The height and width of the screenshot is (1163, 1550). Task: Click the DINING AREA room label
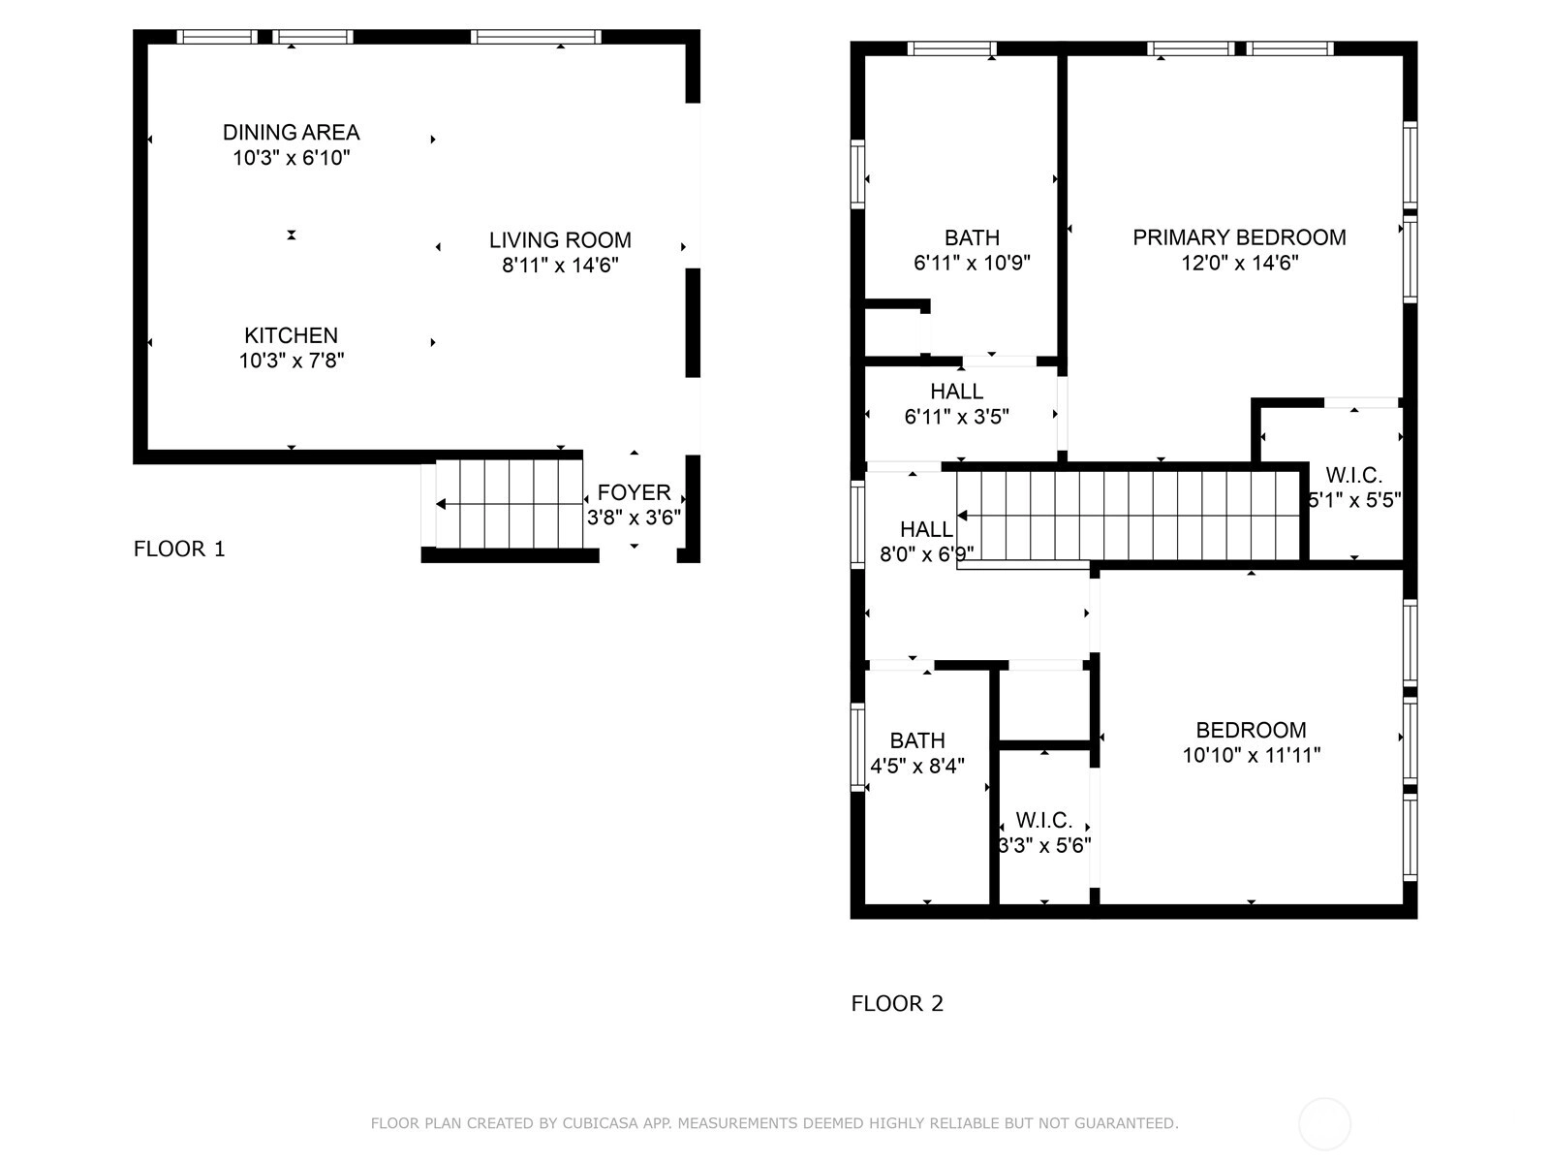click(291, 132)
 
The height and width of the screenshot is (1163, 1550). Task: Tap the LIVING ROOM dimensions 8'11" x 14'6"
click(560, 265)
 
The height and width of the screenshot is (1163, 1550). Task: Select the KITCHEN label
click(291, 334)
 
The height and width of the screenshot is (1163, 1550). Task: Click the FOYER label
click(634, 492)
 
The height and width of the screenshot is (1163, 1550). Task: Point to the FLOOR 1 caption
click(179, 549)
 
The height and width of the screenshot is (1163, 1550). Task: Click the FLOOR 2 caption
click(897, 1003)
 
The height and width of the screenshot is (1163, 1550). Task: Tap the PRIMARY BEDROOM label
click(1239, 237)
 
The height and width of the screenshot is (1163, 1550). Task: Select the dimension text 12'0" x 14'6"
click(1240, 263)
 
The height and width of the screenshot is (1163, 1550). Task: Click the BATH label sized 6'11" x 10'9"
click(972, 237)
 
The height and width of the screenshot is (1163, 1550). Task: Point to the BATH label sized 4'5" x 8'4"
click(916, 740)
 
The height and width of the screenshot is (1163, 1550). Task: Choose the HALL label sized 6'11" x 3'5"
click(956, 392)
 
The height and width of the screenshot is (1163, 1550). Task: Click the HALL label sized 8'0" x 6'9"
click(926, 529)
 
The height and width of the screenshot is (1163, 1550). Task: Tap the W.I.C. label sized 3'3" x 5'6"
click(1043, 820)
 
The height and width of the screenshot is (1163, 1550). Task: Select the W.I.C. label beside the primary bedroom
click(1353, 475)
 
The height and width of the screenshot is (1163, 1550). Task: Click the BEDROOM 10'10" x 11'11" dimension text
click(1252, 755)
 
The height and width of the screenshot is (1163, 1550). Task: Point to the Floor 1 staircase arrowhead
click(441, 504)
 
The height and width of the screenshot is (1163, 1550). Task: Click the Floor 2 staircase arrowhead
click(962, 517)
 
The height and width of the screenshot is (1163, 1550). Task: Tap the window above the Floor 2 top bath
click(951, 48)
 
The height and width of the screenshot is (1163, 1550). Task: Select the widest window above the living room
click(536, 37)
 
